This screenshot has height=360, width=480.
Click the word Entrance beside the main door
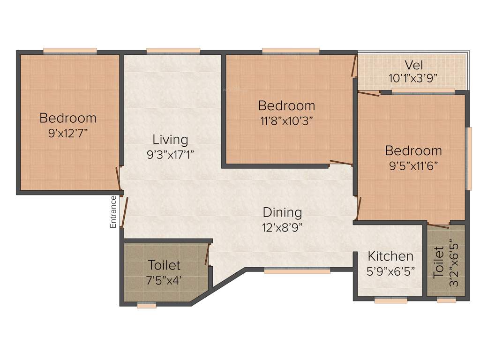pos(113,212)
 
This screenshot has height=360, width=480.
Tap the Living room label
pos(170,139)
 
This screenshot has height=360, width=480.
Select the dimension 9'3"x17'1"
pos(170,155)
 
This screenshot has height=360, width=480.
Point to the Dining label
pos(282,212)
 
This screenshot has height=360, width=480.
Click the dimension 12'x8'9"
pos(282,228)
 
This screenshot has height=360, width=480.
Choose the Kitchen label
pos(390,256)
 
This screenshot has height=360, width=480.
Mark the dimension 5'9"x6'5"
pos(390,271)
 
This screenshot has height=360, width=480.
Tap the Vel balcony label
pos(414,64)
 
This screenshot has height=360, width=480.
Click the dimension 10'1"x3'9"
pos(413,78)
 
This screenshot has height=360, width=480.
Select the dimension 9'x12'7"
pos(68,133)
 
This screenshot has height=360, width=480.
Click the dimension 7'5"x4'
pos(164,280)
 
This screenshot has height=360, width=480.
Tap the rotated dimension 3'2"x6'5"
pos(452,259)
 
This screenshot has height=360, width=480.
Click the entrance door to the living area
pos(124,212)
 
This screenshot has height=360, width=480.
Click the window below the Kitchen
pos(390,300)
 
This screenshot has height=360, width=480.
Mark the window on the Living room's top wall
pos(173,51)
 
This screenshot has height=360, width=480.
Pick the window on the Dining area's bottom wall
pos(297,270)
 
